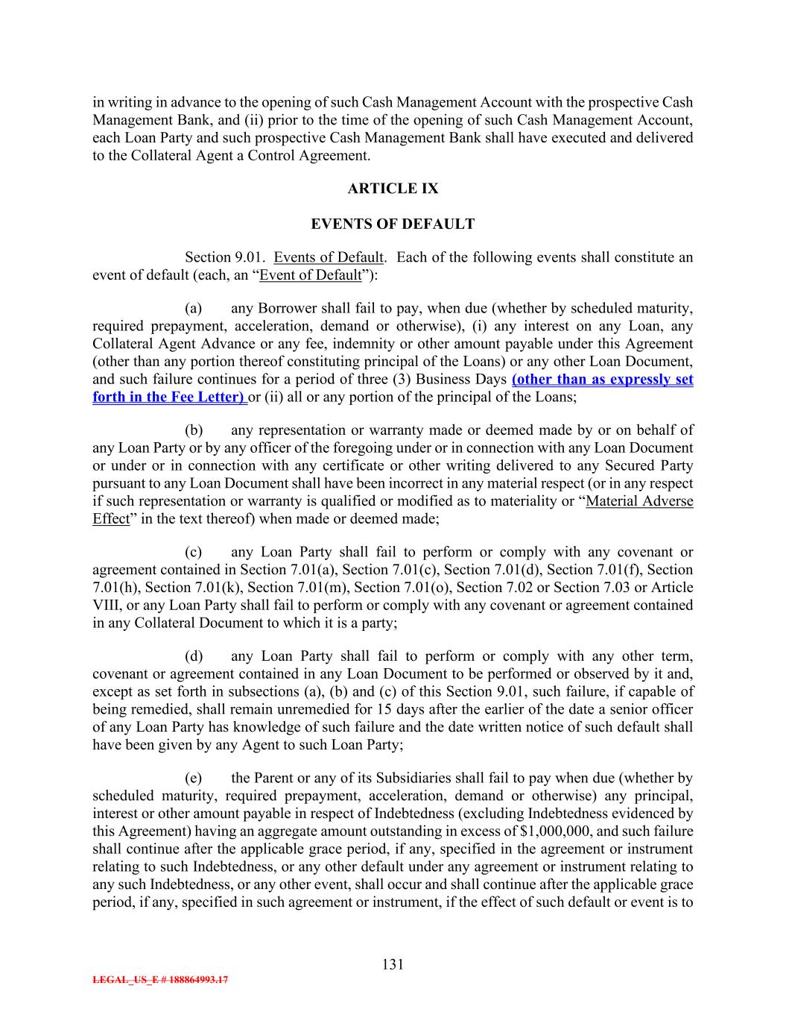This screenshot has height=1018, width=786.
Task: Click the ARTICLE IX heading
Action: coord(393,189)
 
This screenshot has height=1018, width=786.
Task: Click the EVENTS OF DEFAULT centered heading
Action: coord(393,224)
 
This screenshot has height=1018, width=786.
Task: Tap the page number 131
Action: coord(393,964)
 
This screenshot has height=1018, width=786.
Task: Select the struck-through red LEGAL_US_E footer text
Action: coord(160,980)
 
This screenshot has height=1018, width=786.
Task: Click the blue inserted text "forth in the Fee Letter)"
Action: coord(169,397)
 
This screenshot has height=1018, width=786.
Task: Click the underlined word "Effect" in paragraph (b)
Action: coord(110,519)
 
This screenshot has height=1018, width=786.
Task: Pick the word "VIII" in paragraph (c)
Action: coord(107,606)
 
